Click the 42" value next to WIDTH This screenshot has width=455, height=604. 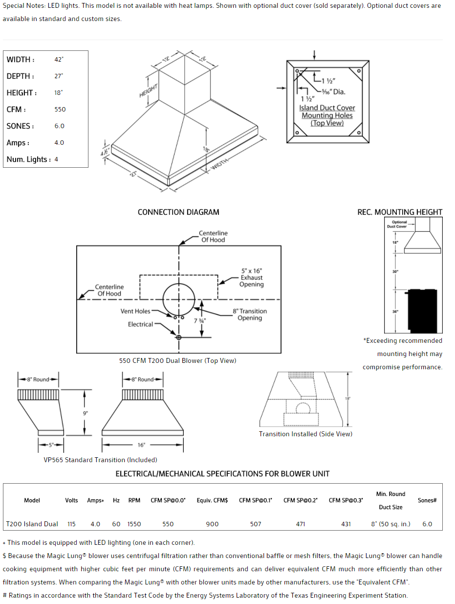tap(59, 59)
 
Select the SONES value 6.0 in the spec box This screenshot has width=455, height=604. tap(59, 126)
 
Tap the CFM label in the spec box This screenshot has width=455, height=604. tap(16, 110)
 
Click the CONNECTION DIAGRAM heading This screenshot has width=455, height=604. tap(178, 212)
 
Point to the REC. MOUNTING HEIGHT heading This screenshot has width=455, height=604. tap(400, 212)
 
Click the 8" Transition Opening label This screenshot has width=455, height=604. tap(250, 314)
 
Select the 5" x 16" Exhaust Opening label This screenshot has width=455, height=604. tap(252, 277)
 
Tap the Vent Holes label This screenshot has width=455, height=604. tap(135, 311)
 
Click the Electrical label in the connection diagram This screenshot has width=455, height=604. tap(140, 324)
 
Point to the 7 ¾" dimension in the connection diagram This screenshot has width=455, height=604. tap(199, 321)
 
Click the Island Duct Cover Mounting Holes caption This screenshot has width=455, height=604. tap(327, 115)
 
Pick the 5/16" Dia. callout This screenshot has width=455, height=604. tap(333, 91)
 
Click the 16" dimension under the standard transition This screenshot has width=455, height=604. tap(141, 445)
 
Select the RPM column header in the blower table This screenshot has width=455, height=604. tap(134, 500)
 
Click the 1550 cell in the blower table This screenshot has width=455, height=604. tap(134, 524)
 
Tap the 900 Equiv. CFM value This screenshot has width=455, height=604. tap(212, 524)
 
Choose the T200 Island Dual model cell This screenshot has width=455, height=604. tap(32, 524)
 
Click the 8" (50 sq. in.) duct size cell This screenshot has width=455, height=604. tap(390, 524)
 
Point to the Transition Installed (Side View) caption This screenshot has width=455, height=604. tap(305, 434)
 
